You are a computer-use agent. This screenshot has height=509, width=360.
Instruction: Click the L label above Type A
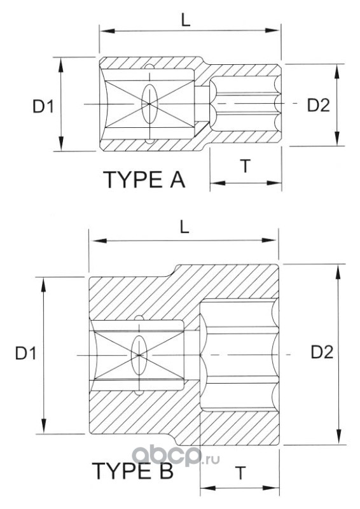[x=186, y=21]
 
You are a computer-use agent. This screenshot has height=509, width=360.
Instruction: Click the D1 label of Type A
[x=43, y=106]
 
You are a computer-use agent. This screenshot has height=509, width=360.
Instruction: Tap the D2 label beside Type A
[x=319, y=105]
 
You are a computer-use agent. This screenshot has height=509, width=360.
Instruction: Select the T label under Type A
[x=246, y=166]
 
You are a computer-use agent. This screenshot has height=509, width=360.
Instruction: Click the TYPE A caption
[x=144, y=179]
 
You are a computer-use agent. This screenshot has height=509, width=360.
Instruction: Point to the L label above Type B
[x=184, y=228]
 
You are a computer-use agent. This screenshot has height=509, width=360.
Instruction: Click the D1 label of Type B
[x=25, y=353]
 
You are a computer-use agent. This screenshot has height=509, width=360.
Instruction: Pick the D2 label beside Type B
[x=322, y=352]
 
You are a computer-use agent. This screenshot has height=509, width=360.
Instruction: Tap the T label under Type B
[x=240, y=473]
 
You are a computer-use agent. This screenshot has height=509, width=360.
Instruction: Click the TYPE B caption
[x=132, y=471]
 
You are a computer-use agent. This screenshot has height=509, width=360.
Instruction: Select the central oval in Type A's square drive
[x=149, y=104]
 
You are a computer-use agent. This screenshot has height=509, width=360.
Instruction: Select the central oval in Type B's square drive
[x=139, y=355]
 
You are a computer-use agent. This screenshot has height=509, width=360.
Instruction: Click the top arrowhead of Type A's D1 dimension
[x=60, y=64]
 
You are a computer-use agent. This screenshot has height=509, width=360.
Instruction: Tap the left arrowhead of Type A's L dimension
[x=107, y=31]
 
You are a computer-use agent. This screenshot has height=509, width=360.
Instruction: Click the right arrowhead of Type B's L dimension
[x=269, y=241]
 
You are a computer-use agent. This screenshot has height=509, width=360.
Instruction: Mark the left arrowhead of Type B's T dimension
[x=208, y=488]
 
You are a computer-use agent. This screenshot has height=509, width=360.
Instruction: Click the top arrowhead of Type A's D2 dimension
[x=337, y=72]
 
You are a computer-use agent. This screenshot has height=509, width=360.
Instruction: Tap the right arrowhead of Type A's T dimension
[x=274, y=183]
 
